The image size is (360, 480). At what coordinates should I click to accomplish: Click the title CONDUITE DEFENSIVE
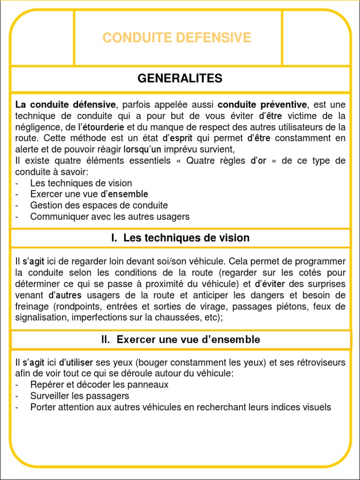[x=177, y=37]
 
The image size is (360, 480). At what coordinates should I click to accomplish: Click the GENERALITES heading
[x=180, y=78]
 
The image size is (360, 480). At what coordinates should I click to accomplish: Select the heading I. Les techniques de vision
[x=180, y=238]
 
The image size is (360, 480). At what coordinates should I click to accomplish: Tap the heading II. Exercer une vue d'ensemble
[x=180, y=339]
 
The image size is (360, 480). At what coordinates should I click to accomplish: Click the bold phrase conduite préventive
[x=262, y=104]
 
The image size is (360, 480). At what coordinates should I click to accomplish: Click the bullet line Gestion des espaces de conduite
[x=99, y=205]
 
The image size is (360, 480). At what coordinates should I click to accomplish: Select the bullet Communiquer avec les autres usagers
[x=110, y=217]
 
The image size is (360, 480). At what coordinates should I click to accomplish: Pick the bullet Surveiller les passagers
[x=79, y=396]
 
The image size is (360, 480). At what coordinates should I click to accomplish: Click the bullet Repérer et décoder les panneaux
[x=99, y=385]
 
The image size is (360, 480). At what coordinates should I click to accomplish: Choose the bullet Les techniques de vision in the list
[x=81, y=183]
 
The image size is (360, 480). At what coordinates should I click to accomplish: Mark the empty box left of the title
[x=43, y=37]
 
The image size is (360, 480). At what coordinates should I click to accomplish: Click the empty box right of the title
[x=316, y=37]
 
